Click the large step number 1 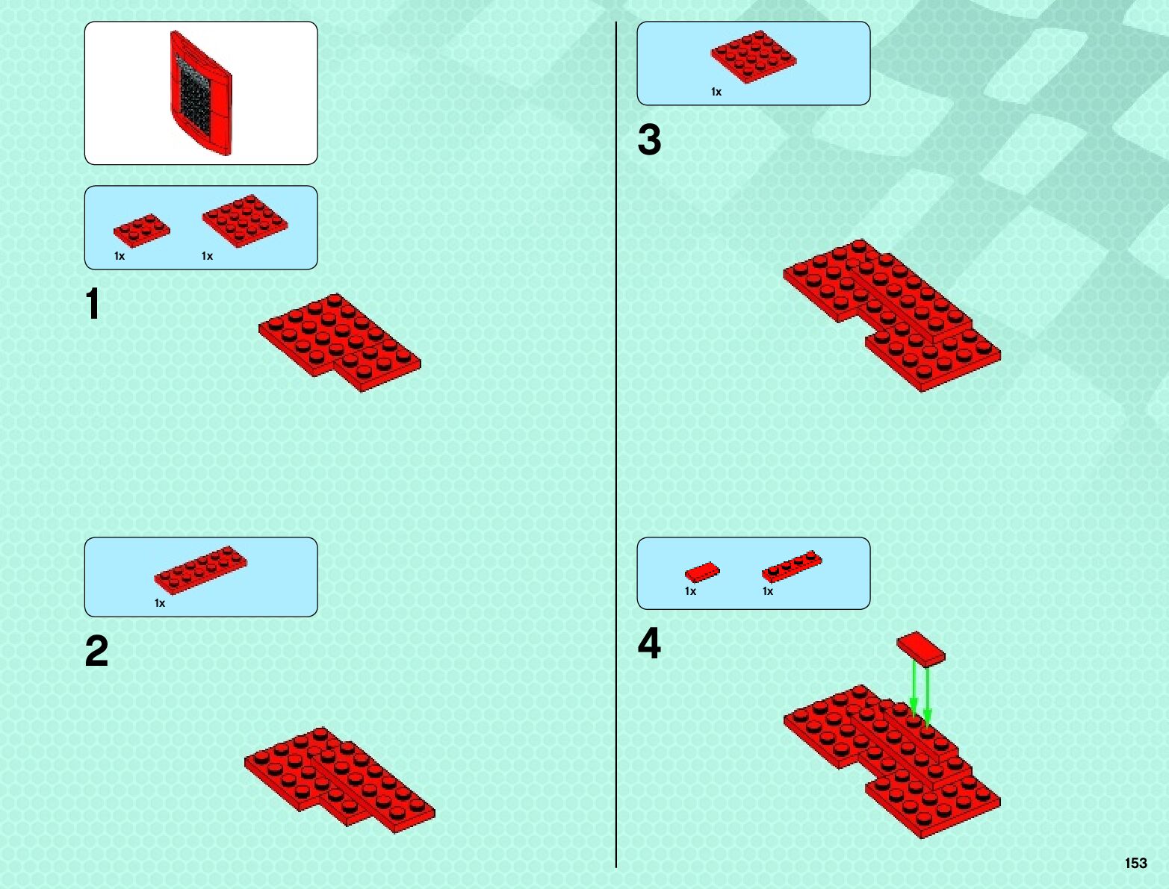93,304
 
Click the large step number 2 97,651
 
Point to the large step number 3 649,140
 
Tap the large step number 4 649,643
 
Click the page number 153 1135,863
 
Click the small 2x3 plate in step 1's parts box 141,229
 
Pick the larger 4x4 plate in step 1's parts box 245,221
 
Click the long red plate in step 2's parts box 200,570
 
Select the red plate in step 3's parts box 753,56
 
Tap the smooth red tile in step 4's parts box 702,573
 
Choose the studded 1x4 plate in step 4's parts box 791,567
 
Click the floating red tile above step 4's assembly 920,648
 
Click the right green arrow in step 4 928,694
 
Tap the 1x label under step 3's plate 716,92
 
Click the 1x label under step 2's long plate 160,603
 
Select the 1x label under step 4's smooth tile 690,591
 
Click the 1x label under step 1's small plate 120,256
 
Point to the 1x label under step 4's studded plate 768,591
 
